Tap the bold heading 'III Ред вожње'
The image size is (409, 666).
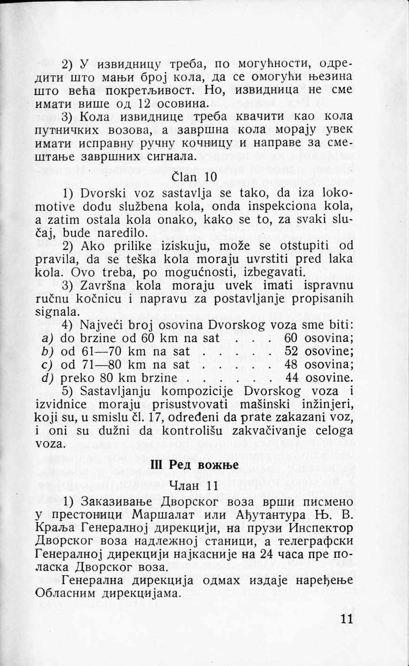(194, 464)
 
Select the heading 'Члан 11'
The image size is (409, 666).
(193, 486)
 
